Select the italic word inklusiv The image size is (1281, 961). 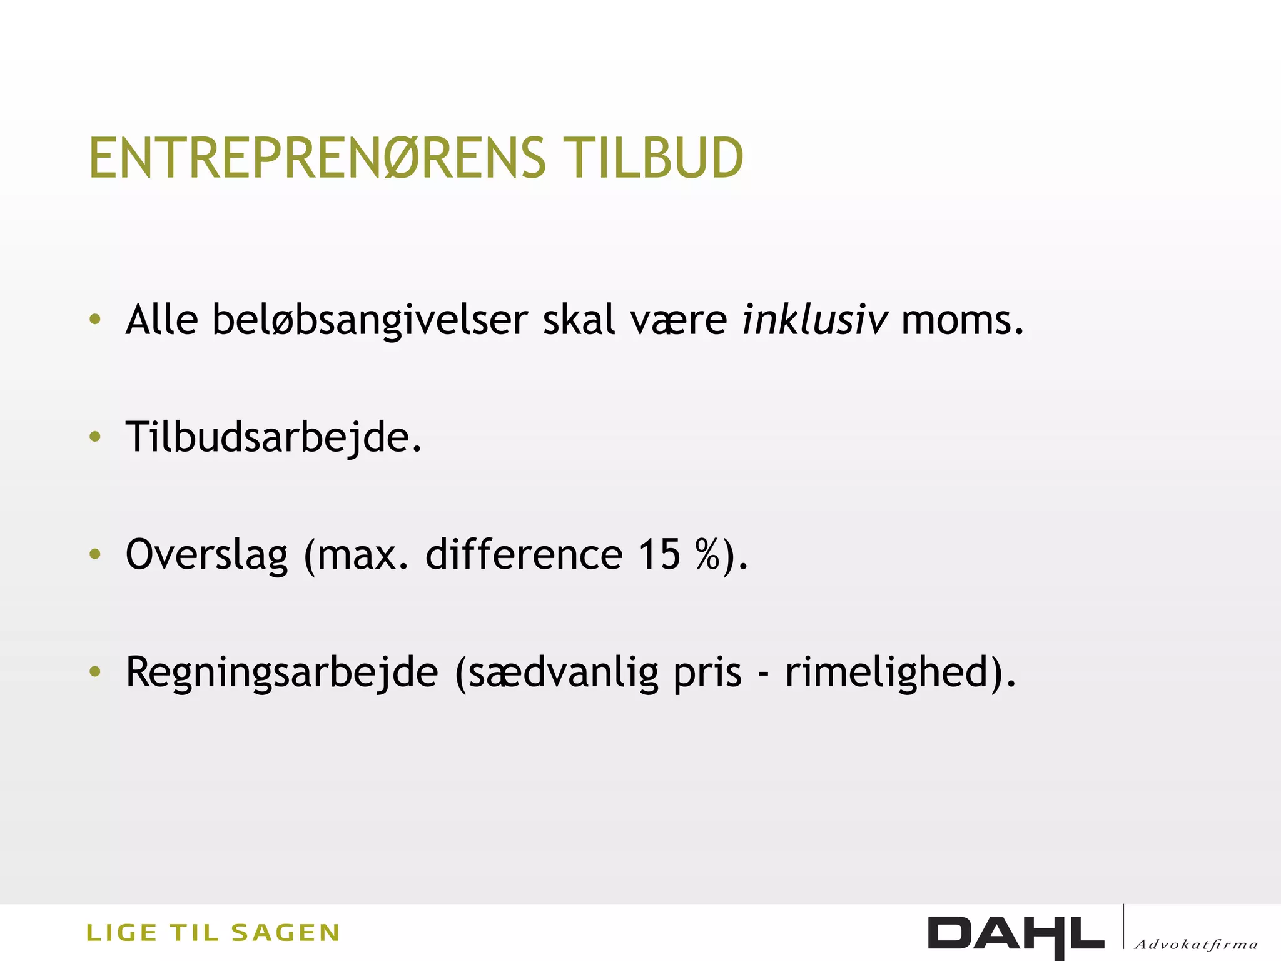tap(814, 320)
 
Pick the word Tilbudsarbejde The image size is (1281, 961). tap(273, 437)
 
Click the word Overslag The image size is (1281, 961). tap(207, 555)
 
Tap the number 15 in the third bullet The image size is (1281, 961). tap(659, 554)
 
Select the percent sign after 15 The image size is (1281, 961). tap(707, 554)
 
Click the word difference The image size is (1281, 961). tap(524, 554)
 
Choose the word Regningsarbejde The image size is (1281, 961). tap(282, 673)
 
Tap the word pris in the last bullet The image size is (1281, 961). tap(707, 673)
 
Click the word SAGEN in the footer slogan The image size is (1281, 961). tap(285, 933)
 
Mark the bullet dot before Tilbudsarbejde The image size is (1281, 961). tap(95, 437)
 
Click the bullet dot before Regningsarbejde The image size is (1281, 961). tap(95, 672)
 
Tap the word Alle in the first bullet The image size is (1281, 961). tap(162, 320)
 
